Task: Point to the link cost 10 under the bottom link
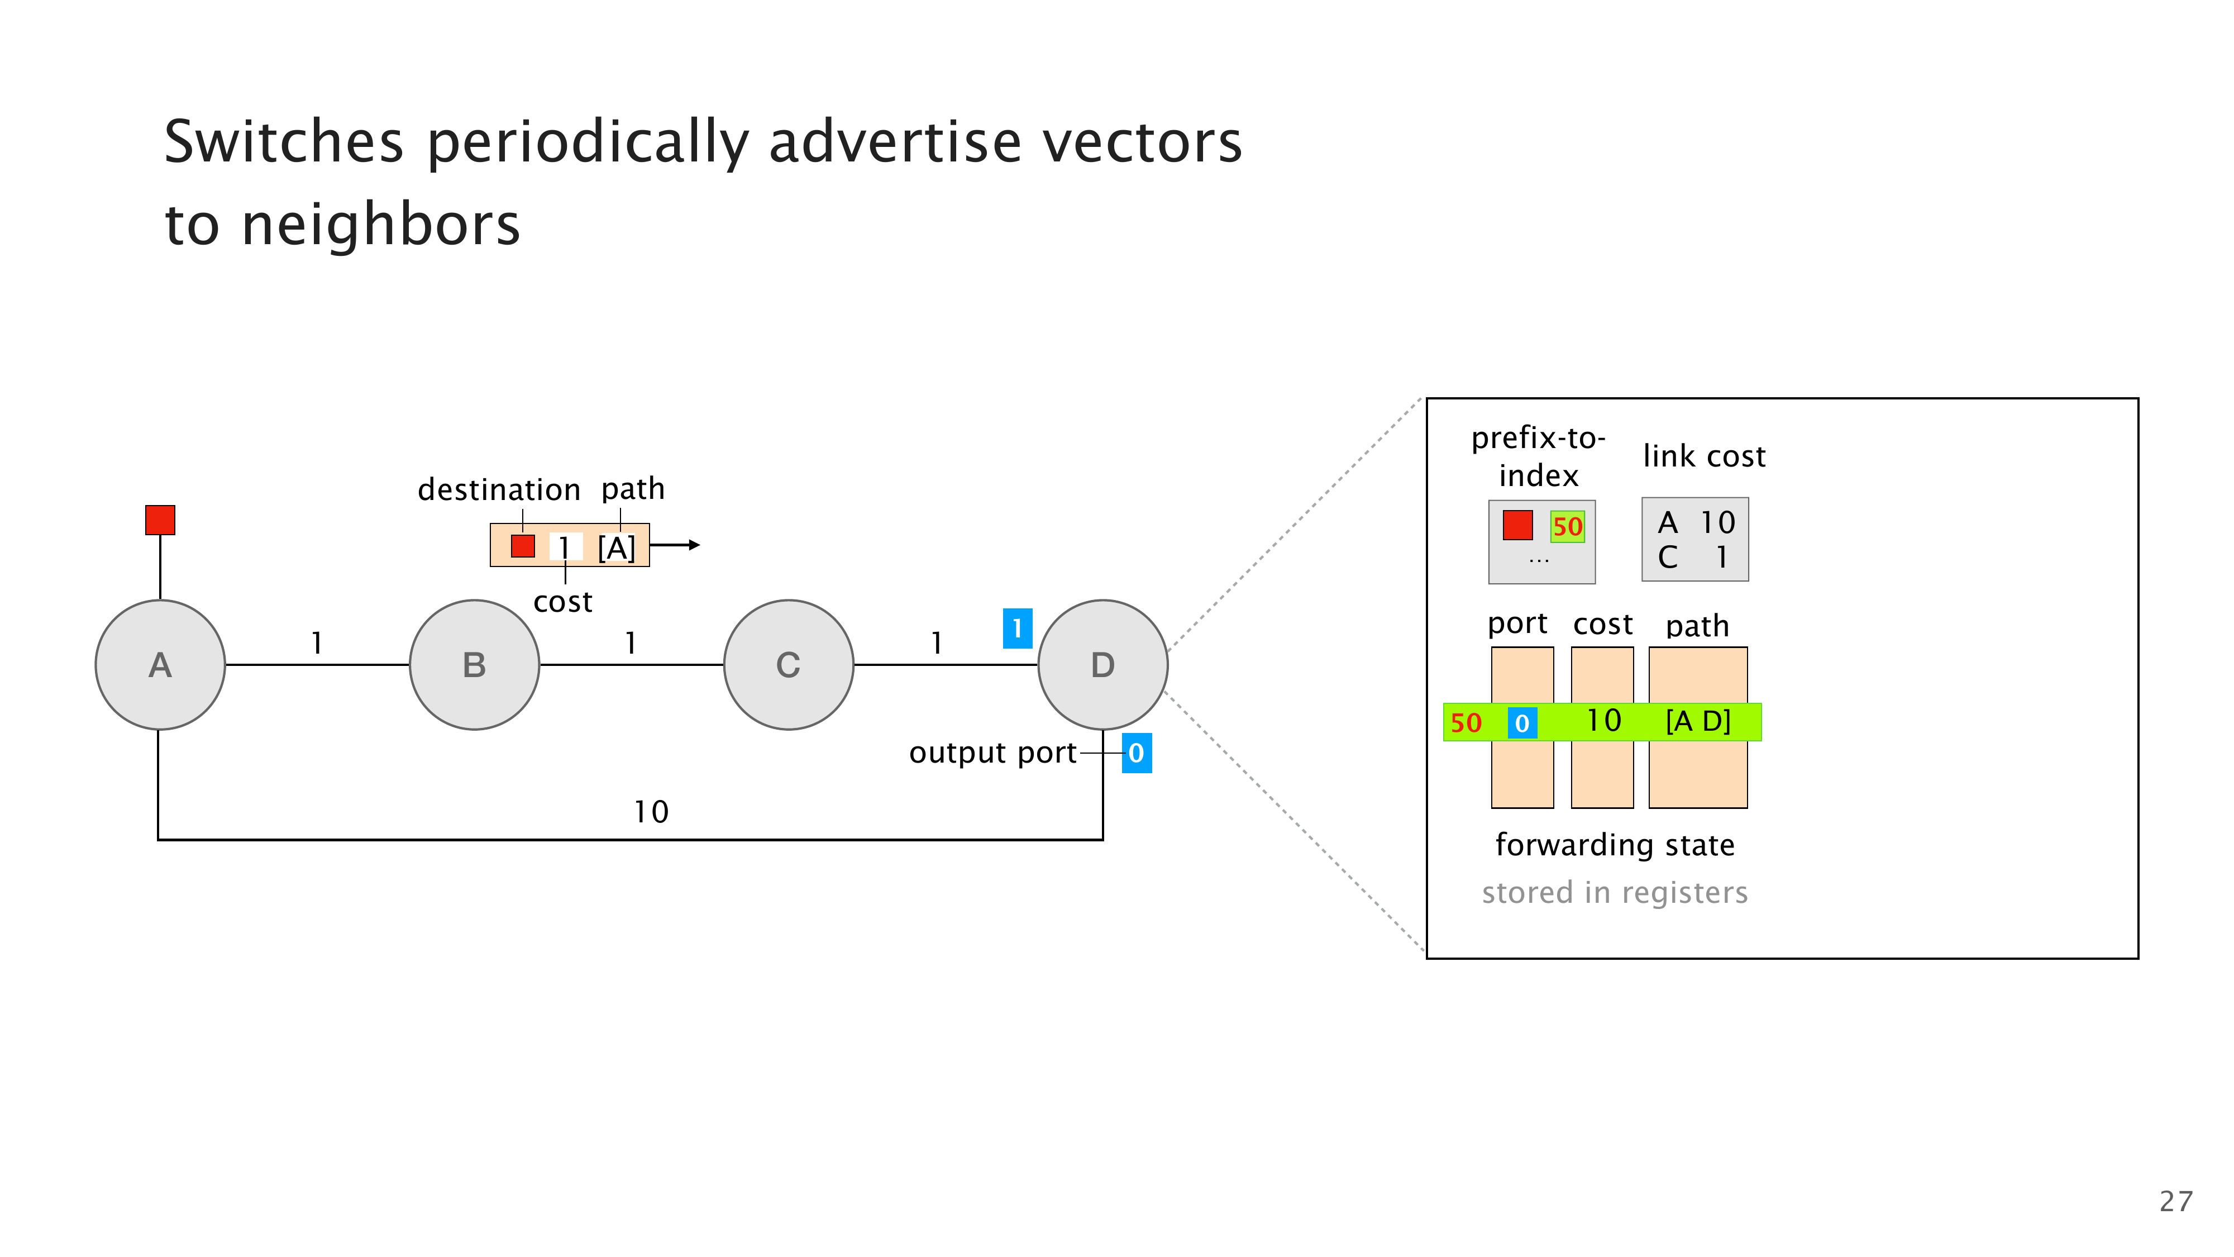(651, 812)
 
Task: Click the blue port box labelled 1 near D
(1017, 628)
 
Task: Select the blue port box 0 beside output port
(1136, 753)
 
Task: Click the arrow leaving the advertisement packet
(676, 545)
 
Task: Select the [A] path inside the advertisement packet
(617, 547)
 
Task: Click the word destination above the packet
(499, 490)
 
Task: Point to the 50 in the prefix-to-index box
(1567, 527)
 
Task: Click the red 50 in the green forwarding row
(1466, 722)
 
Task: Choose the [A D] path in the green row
(1697, 721)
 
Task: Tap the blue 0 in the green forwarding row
(1522, 722)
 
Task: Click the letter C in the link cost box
(1667, 557)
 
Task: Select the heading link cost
(1703, 456)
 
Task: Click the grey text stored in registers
(1614, 893)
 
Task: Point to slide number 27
(2175, 1202)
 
